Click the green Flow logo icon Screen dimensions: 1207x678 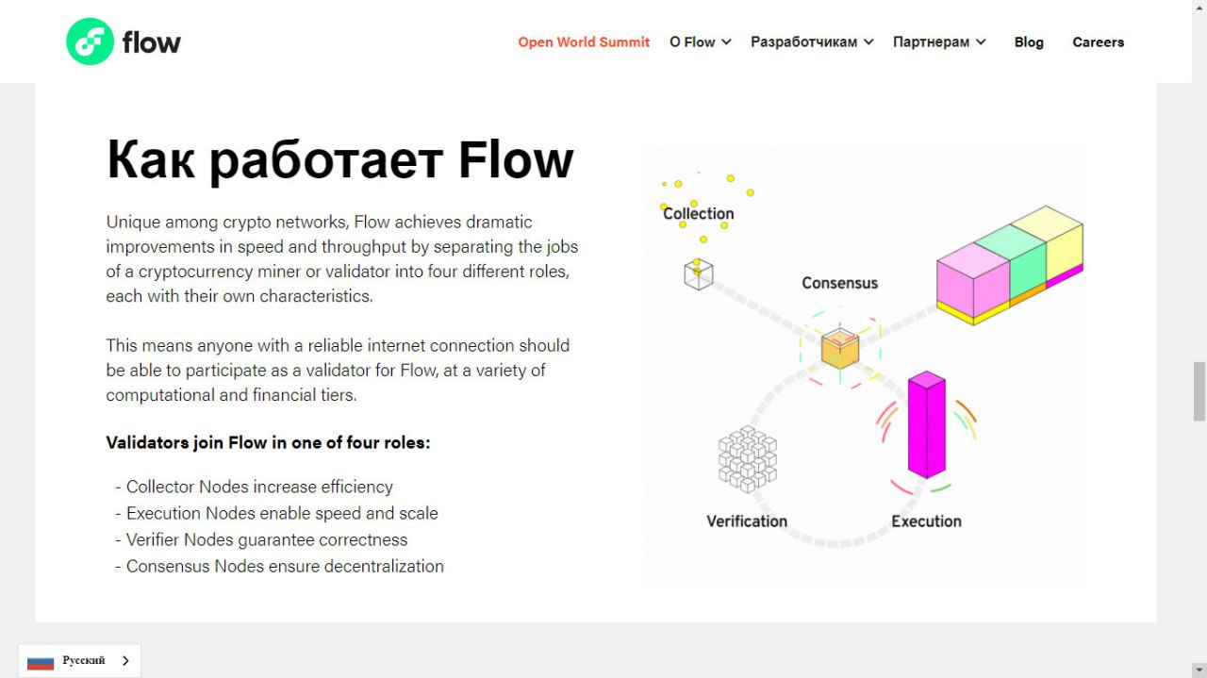(x=90, y=41)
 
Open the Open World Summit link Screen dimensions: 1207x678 (x=584, y=42)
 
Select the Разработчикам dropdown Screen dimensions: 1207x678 (x=812, y=42)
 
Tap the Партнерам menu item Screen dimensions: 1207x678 (x=939, y=42)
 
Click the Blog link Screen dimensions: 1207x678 (x=1029, y=42)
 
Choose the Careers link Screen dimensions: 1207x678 (x=1099, y=42)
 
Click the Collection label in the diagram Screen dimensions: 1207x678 (x=699, y=213)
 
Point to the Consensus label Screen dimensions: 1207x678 (x=839, y=283)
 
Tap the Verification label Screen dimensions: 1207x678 (x=747, y=521)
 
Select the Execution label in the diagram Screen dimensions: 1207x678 (x=926, y=521)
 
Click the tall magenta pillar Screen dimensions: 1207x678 (x=926, y=424)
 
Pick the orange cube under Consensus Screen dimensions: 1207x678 (x=840, y=348)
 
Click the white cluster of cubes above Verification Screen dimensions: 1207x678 (x=748, y=459)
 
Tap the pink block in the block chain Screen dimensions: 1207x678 (x=972, y=280)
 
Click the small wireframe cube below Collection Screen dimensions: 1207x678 (x=699, y=274)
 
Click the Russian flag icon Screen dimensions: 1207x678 (x=41, y=661)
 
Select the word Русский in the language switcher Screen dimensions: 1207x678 (x=84, y=660)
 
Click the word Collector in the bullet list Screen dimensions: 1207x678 (x=160, y=487)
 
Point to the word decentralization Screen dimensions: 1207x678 (x=384, y=567)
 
